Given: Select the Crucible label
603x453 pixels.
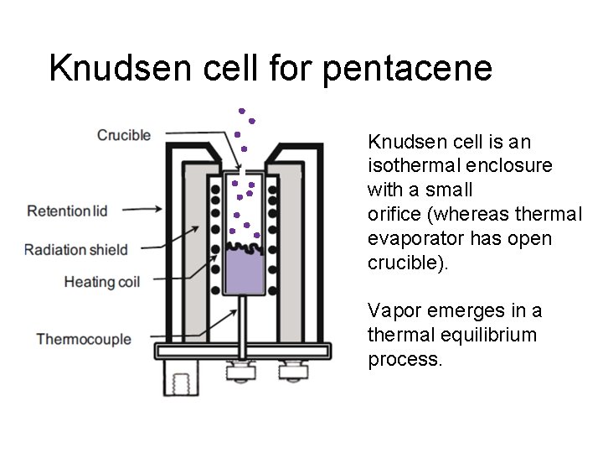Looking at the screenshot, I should [x=124, y=134].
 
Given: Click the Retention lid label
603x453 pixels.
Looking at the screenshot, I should [x=68, y=211].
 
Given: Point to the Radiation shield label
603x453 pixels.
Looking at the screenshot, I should [x=76, y=249].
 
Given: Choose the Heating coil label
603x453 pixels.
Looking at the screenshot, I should [x=101, y=282].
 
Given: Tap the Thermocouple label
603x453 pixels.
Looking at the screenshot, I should [x=84, y=339].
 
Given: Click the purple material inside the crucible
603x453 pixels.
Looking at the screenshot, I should [x=245, y=274].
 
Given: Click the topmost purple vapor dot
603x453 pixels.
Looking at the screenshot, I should [x=241, y=110].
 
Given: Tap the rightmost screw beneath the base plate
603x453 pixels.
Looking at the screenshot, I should [x=294, y=369].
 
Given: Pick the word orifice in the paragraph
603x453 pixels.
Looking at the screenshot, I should [x=395, y=214].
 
